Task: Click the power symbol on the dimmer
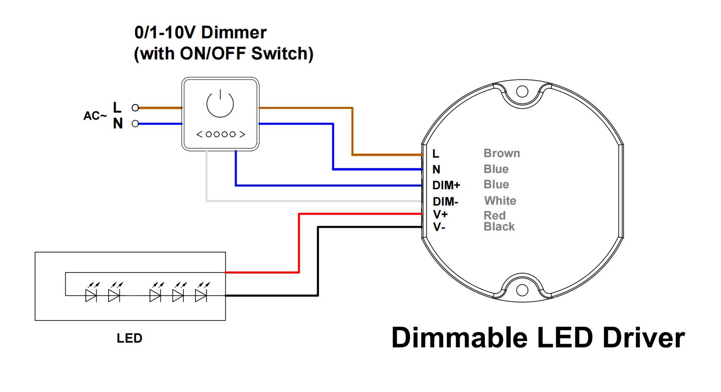220,104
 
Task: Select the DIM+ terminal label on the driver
446,185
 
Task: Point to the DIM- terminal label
446,202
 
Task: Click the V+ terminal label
440,215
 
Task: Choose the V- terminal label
439,227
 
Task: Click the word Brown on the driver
502,153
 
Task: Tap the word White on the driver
500,201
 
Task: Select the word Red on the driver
494,216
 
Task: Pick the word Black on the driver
499,227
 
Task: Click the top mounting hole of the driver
522,92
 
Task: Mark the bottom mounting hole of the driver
522,290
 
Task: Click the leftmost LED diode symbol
91,295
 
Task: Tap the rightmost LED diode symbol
201,295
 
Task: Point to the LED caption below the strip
129,338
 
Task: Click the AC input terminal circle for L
136,108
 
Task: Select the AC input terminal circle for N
136,124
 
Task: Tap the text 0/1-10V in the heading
166,33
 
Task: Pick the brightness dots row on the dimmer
221,134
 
